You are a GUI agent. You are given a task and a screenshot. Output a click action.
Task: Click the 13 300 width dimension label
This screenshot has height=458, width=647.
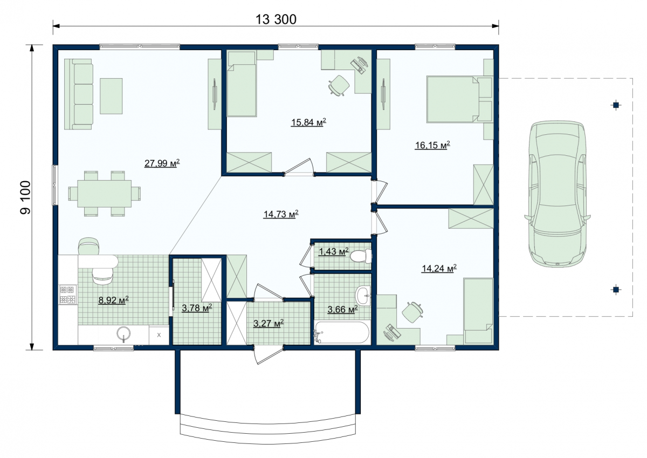[x=276, y=19]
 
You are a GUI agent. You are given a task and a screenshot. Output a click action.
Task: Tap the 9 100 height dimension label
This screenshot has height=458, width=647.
[x=25, y=197]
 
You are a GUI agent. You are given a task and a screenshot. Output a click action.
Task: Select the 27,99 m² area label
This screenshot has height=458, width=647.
[x=162, y=163]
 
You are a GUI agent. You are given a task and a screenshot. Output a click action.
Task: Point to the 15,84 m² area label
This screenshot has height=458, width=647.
[x=308, y=122]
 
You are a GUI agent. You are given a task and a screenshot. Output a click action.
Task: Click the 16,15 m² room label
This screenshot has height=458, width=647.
[x=432, y=145]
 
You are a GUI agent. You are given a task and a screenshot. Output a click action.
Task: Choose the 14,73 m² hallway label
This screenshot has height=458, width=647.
[x=281, y=214]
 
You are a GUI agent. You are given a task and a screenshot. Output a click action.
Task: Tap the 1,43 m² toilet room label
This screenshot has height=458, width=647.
[x=334, y=251]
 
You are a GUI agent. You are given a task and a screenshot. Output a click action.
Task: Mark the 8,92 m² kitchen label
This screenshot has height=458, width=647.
[x=114, y=299]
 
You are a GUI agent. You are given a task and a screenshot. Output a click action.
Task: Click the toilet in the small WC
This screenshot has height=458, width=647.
[x=361, y=256]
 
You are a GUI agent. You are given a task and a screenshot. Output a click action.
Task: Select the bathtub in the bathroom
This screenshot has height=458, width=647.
[x=342, y=332]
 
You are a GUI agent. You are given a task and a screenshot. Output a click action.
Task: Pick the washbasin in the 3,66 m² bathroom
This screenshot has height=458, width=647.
[x=363, y=295]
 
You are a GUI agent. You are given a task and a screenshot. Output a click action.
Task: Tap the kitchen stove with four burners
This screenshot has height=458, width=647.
[x=68, y=295]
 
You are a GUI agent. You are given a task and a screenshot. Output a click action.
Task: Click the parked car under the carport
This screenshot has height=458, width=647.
[x=557, y=194]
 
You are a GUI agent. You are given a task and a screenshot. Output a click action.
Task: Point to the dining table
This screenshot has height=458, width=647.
[x=104, y=194]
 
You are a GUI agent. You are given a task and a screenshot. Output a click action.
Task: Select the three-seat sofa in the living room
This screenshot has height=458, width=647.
[x=79, y=94]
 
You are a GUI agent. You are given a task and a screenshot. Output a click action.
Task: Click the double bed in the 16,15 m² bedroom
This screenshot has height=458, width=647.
[x=459, y=99]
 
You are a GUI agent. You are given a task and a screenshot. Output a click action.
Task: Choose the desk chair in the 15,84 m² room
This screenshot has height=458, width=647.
[x=339, y=85]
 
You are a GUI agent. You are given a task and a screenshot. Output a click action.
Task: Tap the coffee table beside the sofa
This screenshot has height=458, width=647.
[x=111, y=96]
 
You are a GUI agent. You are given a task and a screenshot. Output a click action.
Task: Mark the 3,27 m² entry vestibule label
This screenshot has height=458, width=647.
[x=269, y=323]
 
